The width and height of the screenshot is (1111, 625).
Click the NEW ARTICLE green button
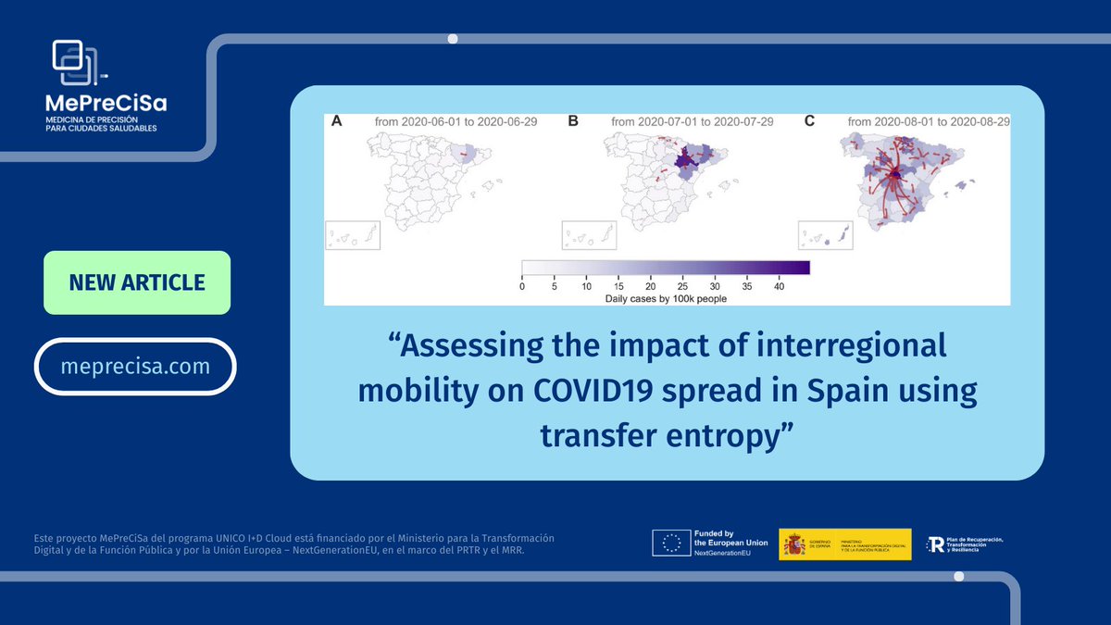137,282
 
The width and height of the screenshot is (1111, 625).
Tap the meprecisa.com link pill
135,366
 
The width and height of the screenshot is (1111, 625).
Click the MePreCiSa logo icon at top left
75,62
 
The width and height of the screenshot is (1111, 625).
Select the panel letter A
337,121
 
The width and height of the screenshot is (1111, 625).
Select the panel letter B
573,121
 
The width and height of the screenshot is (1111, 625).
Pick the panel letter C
809,121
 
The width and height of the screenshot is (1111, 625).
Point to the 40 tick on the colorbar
780,287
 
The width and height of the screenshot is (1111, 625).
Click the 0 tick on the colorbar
522,287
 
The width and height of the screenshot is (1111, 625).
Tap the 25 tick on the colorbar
682,287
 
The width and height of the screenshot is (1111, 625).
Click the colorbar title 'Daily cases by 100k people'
666,298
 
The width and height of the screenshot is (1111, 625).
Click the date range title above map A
460,122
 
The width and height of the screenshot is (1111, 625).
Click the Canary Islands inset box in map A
353,235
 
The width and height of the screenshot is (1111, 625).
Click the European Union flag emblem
670,544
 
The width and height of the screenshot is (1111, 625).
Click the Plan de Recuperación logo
938,544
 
